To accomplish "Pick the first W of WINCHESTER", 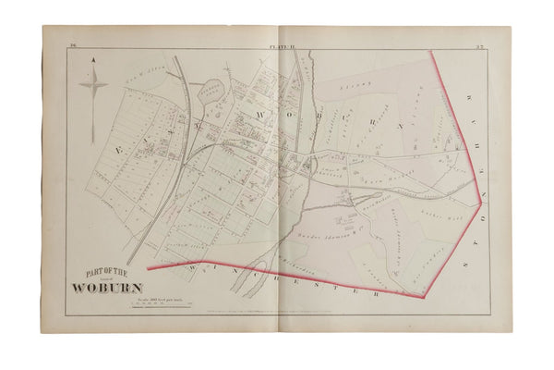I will pyautogui.click(x=188, y=265).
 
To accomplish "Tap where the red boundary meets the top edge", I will pyautogui.click(x=434, y=51).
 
